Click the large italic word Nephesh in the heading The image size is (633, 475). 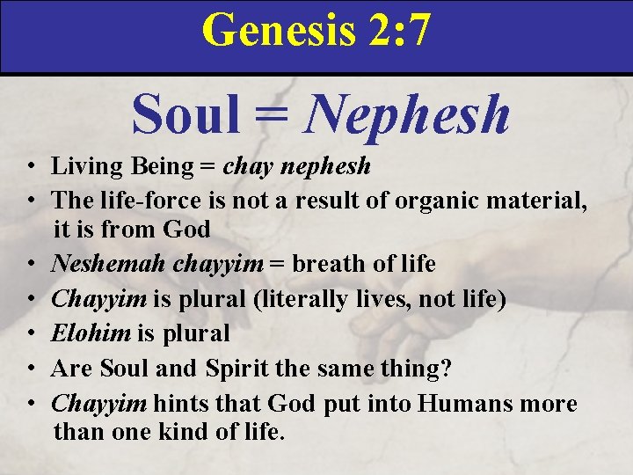(406, 115)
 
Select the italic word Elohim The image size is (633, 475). (84, 333)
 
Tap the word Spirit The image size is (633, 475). (238, 369)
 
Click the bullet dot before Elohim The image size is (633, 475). (31, 334)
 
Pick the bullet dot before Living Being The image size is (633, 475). (31, 166)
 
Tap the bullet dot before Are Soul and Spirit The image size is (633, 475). (31, 369)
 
